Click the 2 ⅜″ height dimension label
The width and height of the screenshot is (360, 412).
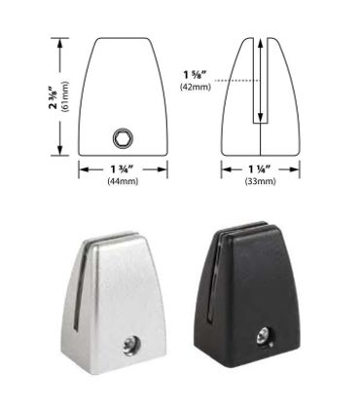click(54, 97)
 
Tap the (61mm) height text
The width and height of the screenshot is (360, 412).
click(65, 96)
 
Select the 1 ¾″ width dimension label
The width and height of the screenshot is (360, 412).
click(123, 169)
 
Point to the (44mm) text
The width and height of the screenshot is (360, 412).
click(123, 181)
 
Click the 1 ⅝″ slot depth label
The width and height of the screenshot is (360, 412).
click(196, 75)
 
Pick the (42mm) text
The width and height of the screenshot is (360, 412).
click(196, 87)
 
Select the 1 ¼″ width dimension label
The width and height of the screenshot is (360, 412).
click(260, 169)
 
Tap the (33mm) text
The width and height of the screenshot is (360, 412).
click(260, 181)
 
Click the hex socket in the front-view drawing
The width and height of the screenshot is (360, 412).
click(124, 138)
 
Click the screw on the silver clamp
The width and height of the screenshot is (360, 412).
click(130, 346)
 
